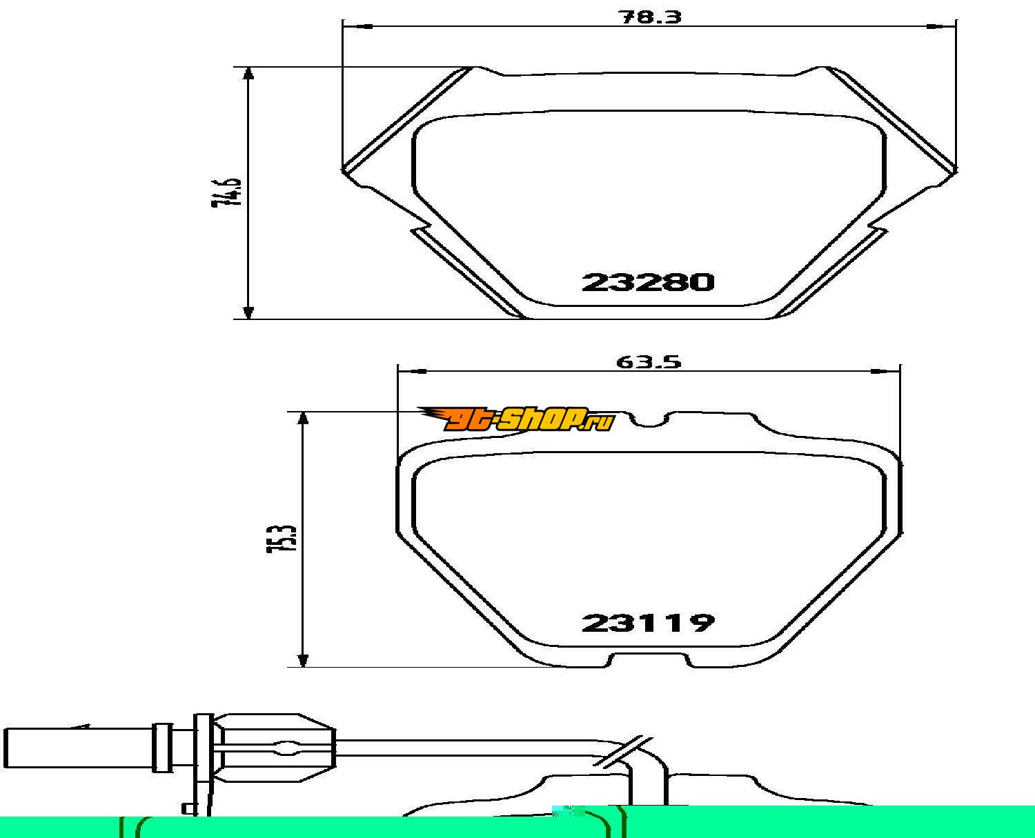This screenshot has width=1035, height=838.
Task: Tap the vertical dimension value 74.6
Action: pyautogui.click(x=226, y=192)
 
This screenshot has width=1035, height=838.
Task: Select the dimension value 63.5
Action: pyautogui.click(x=649, y=362)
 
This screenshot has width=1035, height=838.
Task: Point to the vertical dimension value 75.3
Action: pyautogui.click(x=282, y=538)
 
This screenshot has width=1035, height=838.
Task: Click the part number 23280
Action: pyautogui.click(x=648, y=282)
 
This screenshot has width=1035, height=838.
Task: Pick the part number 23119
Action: pyautogui.click(x=648, y=623)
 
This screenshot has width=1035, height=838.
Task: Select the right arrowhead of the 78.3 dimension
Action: pyautogui.click(x=942, y=27)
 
